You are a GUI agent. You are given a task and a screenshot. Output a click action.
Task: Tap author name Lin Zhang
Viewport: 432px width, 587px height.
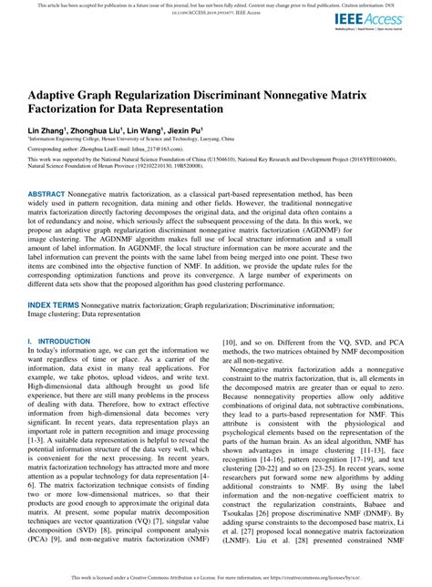48,131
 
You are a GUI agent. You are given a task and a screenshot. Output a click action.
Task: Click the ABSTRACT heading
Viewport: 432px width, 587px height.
52,196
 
